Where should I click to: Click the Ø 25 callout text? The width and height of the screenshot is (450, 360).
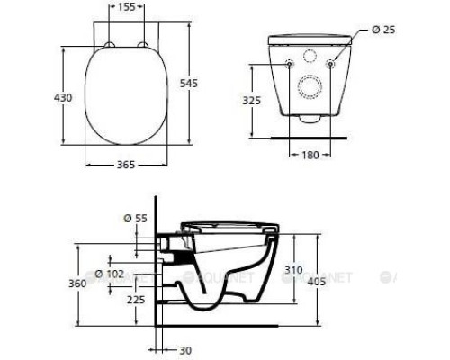383,31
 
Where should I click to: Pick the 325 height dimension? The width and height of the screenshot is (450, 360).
251,102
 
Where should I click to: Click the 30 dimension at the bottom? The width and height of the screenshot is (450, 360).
184,351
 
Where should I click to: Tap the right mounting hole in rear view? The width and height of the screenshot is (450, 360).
332,63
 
